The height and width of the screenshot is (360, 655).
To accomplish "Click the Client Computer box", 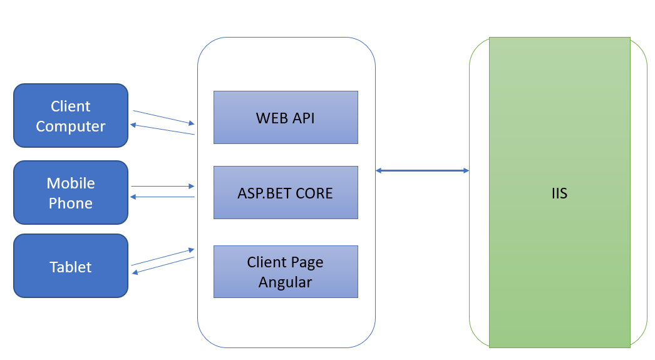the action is pos(71,116).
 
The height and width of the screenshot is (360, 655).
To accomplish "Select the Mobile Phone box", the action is pos(71,193).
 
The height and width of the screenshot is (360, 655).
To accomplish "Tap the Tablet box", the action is pos(71,266).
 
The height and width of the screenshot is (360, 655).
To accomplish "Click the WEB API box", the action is pos(286,117).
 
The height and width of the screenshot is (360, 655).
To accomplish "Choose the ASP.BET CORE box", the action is pos(286,193).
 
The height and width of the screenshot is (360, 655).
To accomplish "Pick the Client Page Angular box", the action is pos(286,272).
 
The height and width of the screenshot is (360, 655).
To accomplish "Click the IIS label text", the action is pos(559,193).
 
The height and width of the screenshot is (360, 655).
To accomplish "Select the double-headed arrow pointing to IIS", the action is pos(422,170).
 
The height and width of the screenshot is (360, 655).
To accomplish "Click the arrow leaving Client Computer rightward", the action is pos(164,117).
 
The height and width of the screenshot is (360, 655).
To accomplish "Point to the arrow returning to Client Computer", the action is pos(162,129).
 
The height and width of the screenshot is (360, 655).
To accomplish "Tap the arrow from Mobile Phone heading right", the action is pos(163,187).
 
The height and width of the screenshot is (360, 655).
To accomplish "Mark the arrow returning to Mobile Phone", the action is pos(162,197).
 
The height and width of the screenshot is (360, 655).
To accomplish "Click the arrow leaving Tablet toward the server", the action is pos(163,257).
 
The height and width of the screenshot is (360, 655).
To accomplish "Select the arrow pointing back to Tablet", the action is pos(163,265).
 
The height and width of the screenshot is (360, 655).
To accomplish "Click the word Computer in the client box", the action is pos(71,126).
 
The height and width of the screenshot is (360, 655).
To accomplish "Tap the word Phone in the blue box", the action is pos(71,203).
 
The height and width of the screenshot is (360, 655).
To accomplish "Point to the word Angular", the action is pos(286,283).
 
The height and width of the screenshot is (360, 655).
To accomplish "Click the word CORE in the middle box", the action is pos(314,193).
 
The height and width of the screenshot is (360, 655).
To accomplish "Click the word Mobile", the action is pos(71,183).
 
